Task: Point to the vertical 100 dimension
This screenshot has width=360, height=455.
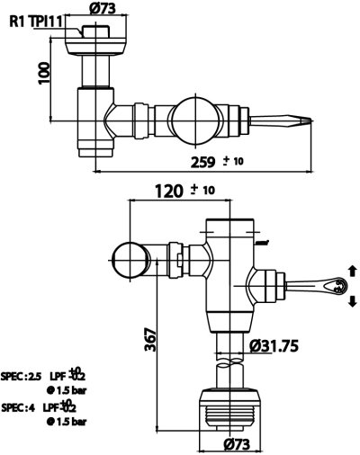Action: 42,74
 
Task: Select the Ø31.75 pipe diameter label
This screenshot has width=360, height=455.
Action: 281,344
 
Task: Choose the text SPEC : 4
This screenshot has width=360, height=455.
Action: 19,406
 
